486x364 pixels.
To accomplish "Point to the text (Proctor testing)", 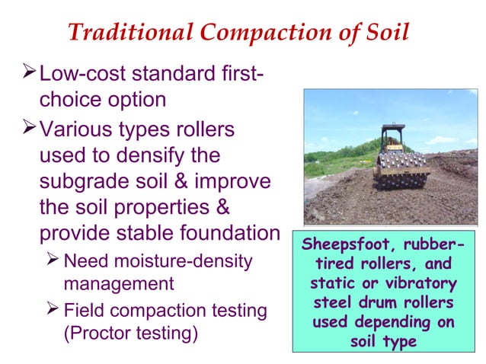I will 129,333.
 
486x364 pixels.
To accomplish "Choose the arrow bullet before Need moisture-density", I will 53,260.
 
